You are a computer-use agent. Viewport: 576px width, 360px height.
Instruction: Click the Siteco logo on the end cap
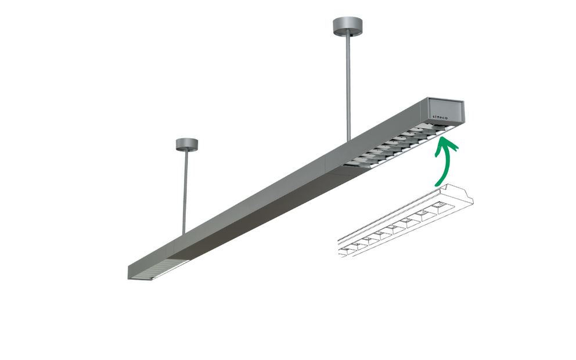(x=440, y=117)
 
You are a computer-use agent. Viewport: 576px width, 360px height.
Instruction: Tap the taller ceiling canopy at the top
(x=347, y=26)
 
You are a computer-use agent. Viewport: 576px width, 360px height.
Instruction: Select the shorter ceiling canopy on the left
(x=187, y=145)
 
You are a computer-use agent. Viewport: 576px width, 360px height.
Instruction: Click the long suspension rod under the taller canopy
(x=347, y=88)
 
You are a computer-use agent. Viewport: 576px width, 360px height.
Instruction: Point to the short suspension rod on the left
(x=185, y=193)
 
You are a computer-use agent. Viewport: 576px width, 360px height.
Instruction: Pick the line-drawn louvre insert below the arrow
(x=405, y=221)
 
